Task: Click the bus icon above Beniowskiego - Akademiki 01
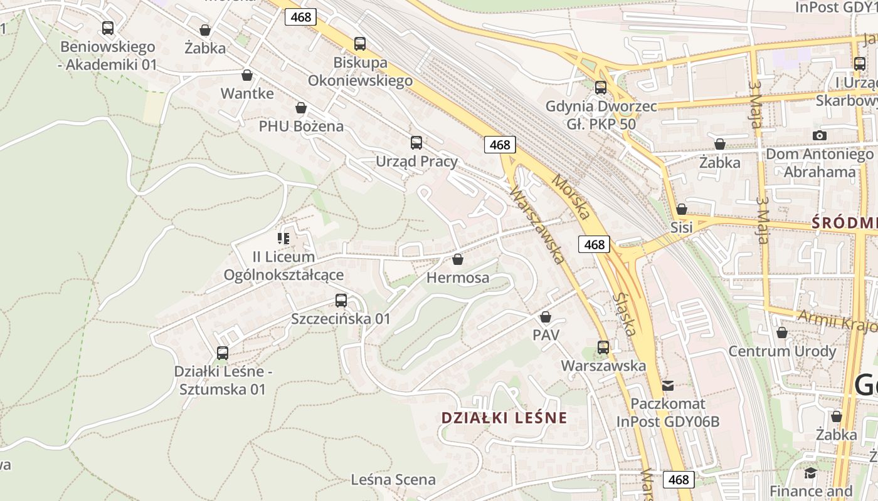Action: (x=108, y=28)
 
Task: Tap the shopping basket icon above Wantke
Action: (x=247, y=75)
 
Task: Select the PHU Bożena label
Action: (x=301, y=127)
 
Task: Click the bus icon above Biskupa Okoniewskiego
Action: (x=359, y=44)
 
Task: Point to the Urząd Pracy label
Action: (x=416, y=162)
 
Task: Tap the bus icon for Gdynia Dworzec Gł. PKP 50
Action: (x=601, y=88)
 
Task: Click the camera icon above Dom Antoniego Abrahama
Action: (x=819, y=135)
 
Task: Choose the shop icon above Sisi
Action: (x=682, y=209)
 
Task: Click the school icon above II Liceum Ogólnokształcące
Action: (x=283, y=239)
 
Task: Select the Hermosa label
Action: (x=458, y=278)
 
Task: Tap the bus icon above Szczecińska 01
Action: (x=341, y=301)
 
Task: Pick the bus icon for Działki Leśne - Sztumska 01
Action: (x=223, y=353)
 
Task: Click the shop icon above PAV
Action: (x=546, y=317)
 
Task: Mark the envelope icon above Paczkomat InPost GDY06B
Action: (x=668, y=385)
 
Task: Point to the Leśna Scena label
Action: (x=393, y=480)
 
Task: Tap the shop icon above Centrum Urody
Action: (x=782, y=333)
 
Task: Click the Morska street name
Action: (x=571, y=197)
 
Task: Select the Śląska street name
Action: (x=626, y=314)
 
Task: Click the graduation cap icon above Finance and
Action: (x=810, y=473)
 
